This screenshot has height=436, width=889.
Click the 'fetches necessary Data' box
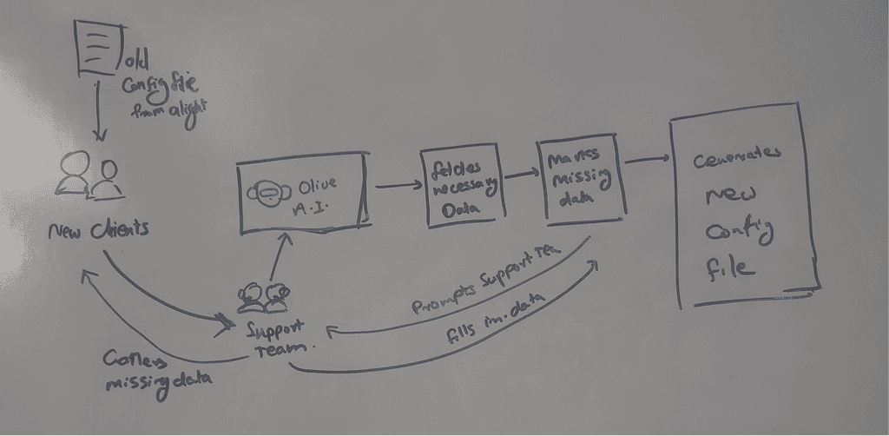[460, 186]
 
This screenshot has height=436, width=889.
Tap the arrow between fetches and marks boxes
[520, 174]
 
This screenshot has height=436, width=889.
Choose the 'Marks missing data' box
[580, 177]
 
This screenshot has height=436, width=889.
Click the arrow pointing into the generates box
[646, 159]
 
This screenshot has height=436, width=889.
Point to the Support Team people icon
[263, 298]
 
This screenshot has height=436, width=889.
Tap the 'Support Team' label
[276, 337]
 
